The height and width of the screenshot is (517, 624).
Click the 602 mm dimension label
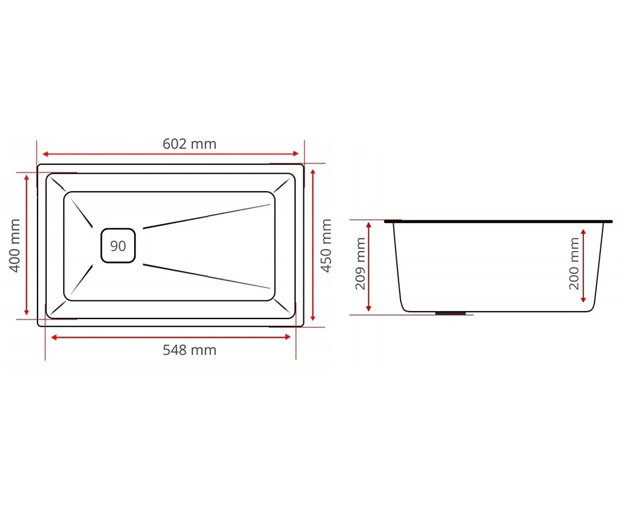click(x=190, y=144)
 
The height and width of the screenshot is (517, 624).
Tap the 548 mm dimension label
click(x=190, y=350)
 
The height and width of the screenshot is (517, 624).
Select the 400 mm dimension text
click(x=15, y=245)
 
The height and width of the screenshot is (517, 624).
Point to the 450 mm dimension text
click(x=326, y=245)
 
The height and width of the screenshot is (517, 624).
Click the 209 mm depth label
click(x=360, y=263)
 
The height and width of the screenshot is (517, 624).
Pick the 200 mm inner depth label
click(x=574, y=263)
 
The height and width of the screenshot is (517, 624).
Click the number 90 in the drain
click(x=118, y=246)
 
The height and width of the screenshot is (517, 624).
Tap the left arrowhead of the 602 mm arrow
click(x=46, y=154)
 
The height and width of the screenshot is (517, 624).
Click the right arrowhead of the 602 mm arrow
click(x=296, y=154)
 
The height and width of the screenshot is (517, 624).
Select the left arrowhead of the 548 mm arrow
click(x=54, y=338)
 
